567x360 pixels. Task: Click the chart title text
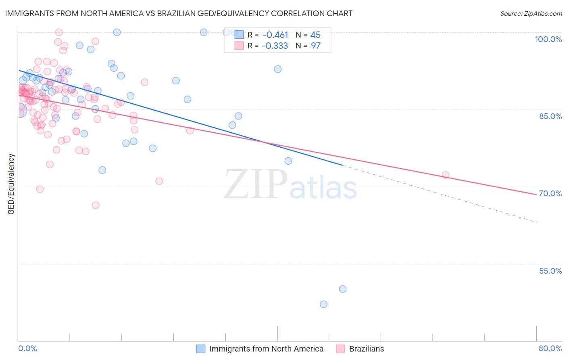pyautogui.click(x=179, y=13)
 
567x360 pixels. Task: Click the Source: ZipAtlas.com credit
pyautogui.click(x=531, y=13)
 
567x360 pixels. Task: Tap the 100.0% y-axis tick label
pyautogui.click(x=548, y=39)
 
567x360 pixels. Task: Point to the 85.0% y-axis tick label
pyautogui.click(x=550, y=116)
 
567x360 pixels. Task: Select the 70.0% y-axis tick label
pyautogui.click(x=550, y=193)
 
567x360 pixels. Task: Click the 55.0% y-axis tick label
pyautogui.click(x=550, y=271)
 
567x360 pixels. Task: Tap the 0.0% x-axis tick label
pyautogui.click(x=27, y=348)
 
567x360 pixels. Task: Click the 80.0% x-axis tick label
pyautogui.click(x=550, y=348)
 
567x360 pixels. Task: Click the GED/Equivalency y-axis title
pyautogui.click(x=11, y=184)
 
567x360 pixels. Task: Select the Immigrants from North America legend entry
pyautogui.click(x=266, y=349)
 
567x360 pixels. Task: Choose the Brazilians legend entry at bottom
pyautogui.click(x=366, y=349)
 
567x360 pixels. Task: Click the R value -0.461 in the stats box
pyautogui.click(x=275, y=35)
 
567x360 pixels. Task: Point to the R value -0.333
pyautogui.click(x=275, y=46)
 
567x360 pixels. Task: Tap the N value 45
pyautogui.click(x=315, y=35)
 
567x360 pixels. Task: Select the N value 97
pyautogui.click(x=315, y=46)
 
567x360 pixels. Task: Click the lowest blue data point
pyautogui.click(x=323, y=304)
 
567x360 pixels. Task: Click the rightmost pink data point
pyautogui.click(x=446, y=175)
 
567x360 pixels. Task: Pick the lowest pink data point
pyautogui.click(x=96, y=205)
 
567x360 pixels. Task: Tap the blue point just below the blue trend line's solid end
pyautogui.click(x=288, y=161)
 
